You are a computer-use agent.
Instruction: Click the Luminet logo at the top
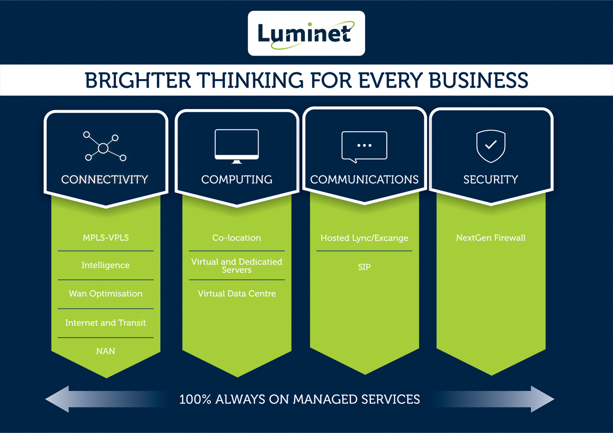click(306, 33)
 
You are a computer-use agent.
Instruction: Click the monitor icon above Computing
click(237, 146)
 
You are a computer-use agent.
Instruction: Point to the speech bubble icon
click(364, 147)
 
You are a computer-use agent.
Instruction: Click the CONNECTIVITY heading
click(105, 180)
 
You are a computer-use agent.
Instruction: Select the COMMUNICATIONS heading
click(364, 180)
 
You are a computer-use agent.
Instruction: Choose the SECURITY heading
click(490, 180)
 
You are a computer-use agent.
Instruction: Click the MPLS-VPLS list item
click(106, 238)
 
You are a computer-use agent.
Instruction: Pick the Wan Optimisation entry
click(106, 294)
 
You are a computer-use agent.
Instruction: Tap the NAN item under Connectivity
click(106, 351)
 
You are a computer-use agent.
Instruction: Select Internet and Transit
click(106, 323)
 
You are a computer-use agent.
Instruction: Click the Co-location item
click(237, 238)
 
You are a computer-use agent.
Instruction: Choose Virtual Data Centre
click(237, 294)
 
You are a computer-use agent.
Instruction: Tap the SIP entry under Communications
click(364, 267)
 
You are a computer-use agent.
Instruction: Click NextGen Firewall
click(490, 238)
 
